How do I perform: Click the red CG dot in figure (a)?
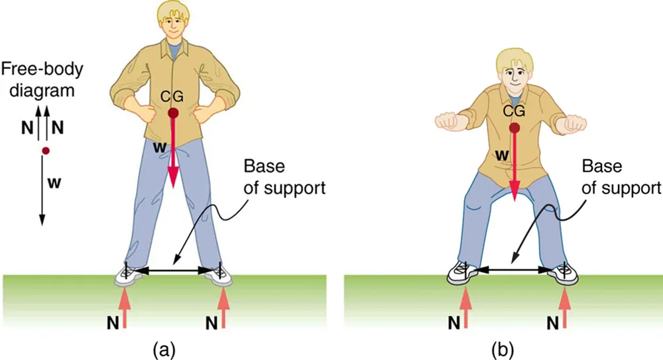coord(174,113)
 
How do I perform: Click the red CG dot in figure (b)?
coord(514,127)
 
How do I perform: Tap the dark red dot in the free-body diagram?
coord(45,151)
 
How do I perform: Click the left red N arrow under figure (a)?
coord(125,310)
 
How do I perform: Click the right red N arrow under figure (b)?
coord(565,310)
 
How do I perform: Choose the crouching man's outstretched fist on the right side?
coord(575,123)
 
